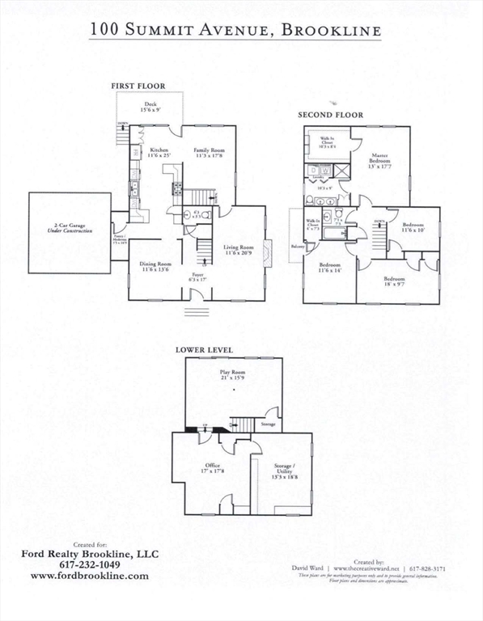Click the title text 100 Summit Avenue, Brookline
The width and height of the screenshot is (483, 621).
pos(235,30)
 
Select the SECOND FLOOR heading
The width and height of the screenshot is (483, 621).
pos(330,115)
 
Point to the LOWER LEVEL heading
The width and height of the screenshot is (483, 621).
pos(205,350)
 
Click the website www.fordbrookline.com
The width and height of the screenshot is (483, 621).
pos(90,576)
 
